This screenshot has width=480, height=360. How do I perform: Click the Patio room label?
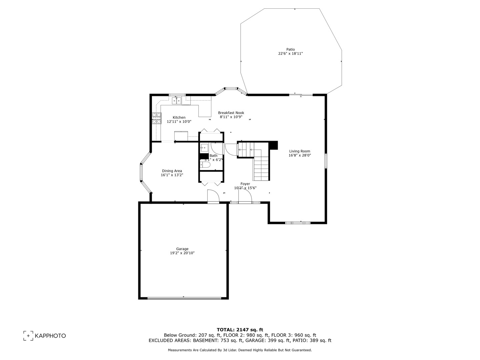[x=290, y=49]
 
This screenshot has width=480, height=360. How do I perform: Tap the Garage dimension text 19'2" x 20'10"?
[x=182, y=253]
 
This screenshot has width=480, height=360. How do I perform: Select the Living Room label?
[x=299, y=151]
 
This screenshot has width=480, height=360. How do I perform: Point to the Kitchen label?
[x=179, y=117]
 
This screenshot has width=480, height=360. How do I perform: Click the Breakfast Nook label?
[x=231, y=113]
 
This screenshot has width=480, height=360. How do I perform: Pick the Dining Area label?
[x=172, y=171]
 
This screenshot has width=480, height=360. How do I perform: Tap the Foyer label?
[x=245, y=184]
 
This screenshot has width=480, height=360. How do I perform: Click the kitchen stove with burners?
[x=156, y=118]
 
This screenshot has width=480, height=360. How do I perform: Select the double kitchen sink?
[x=177, y=100]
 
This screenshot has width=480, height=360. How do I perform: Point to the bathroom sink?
[x=204, y=147]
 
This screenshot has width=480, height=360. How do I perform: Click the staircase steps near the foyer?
[x=261, y=168]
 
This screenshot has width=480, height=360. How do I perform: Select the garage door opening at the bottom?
[x=184, y=298]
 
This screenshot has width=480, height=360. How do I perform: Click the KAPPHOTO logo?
[x=44, y=336]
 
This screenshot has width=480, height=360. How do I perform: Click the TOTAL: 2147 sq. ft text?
[x=240, y=330]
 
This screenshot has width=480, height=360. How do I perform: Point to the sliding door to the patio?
[x=301, y=95]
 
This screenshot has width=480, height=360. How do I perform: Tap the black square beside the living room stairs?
[x=273, y=145]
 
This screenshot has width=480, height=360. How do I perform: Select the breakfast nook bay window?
[x=231, y=89]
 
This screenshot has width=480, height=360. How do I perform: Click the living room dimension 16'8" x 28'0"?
[x=299, y=155]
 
